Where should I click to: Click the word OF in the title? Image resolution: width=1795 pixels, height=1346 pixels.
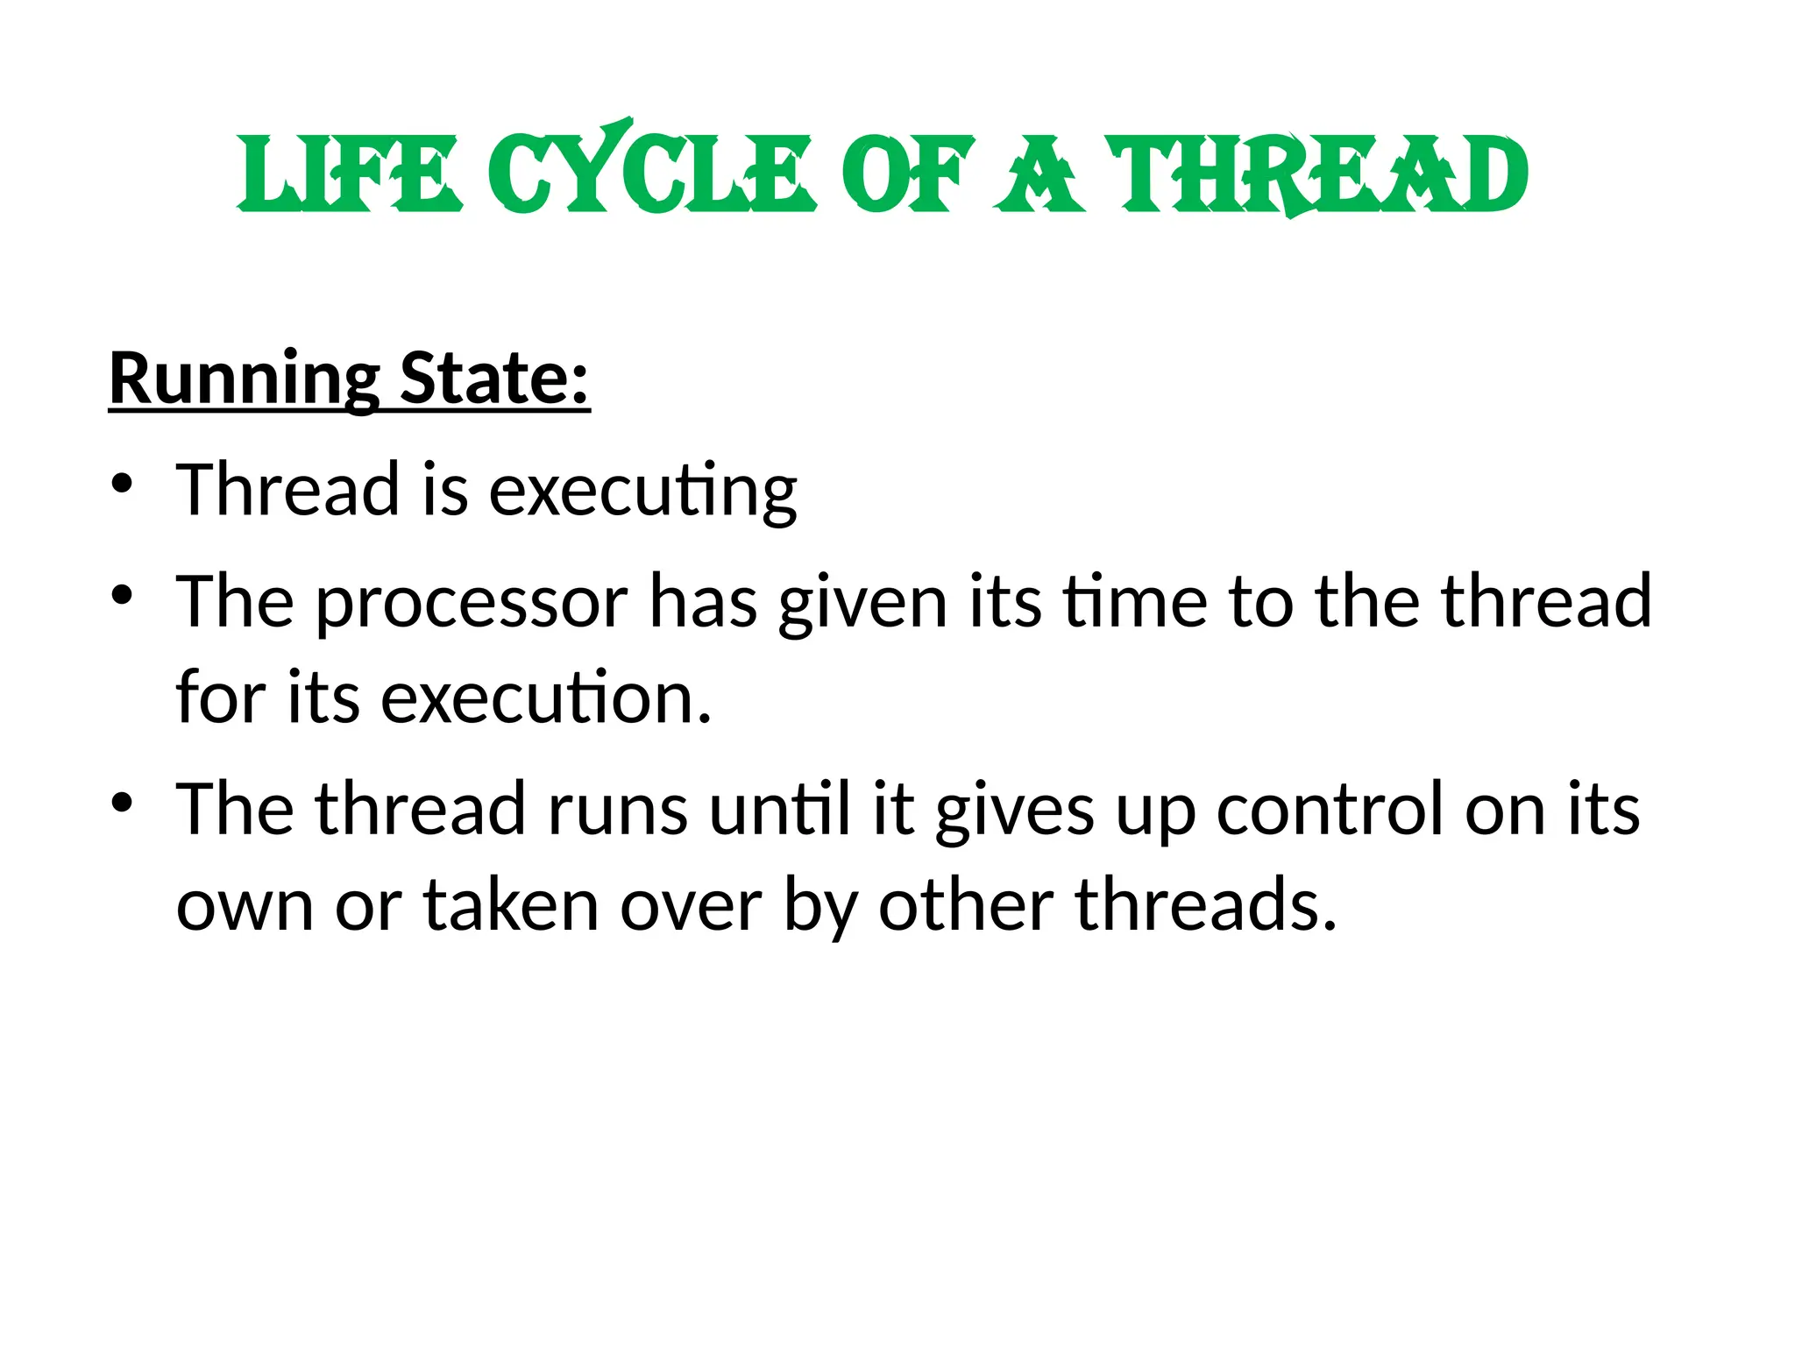click(907, 175)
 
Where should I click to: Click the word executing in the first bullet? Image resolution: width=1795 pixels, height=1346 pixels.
click(642, 491)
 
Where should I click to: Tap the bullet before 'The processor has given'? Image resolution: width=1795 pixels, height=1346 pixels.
click(122, 595)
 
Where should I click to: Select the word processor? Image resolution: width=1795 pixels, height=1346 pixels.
click(472, 604)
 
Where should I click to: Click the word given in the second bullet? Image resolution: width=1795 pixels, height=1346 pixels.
click(862, 604)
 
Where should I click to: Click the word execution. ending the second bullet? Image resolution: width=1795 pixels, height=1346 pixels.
click(546, 698)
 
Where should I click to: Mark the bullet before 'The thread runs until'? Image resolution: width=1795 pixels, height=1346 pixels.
click(122, 802)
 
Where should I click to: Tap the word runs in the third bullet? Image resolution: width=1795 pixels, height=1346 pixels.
click(617, 810)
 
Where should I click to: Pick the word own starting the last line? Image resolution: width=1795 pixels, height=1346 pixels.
click(245, 907)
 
